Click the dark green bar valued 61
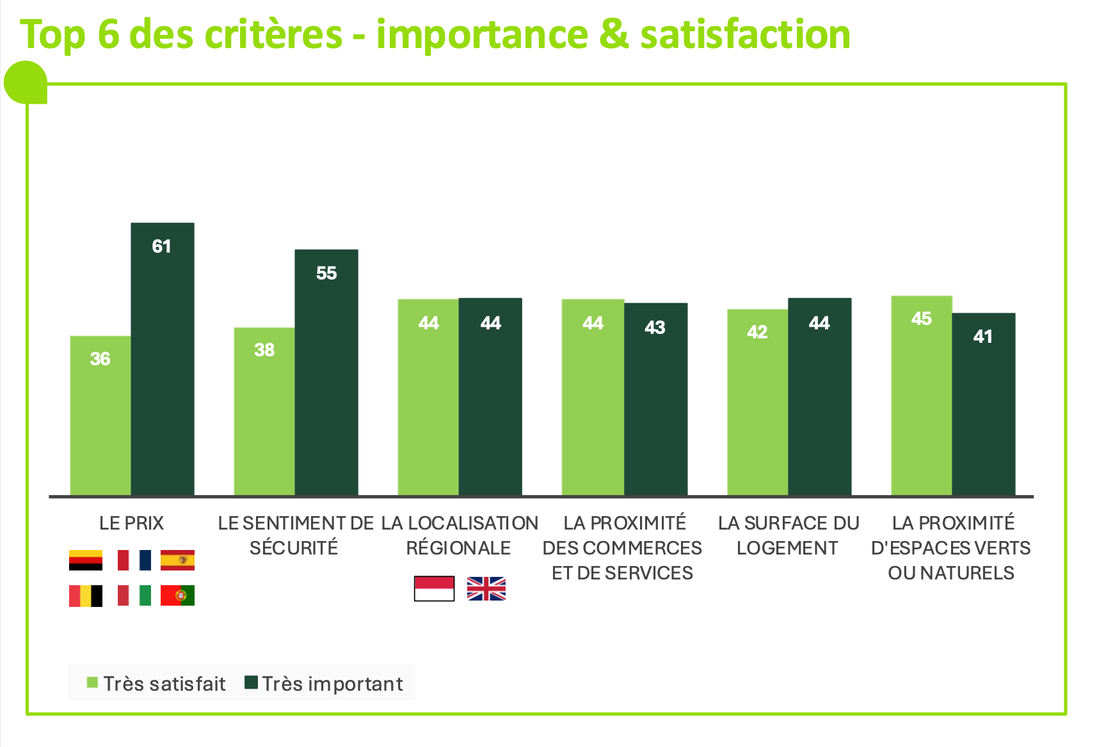tap(163, 359)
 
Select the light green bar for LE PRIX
tap(100, 415)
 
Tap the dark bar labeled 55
tap(326, 372)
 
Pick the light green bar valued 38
tap(264, 411)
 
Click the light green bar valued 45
tap(922, 395)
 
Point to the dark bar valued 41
tap(984, 404)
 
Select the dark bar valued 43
tap(655, 399)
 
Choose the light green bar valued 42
tap(757, 402)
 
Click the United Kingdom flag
tap(486, 588)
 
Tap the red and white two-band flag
tap(434, 588)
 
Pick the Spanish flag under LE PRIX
tap(177, 560)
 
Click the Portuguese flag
tap(177, 595)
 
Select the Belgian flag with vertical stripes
tap(86, 595)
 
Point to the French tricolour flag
tap(134, 560)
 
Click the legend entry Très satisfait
tap(156, 684)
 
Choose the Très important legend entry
tap(324, 684)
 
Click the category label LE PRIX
tap(132, 523)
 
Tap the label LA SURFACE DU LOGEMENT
tap(788, 535)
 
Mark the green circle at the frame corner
tap(26, 83)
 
